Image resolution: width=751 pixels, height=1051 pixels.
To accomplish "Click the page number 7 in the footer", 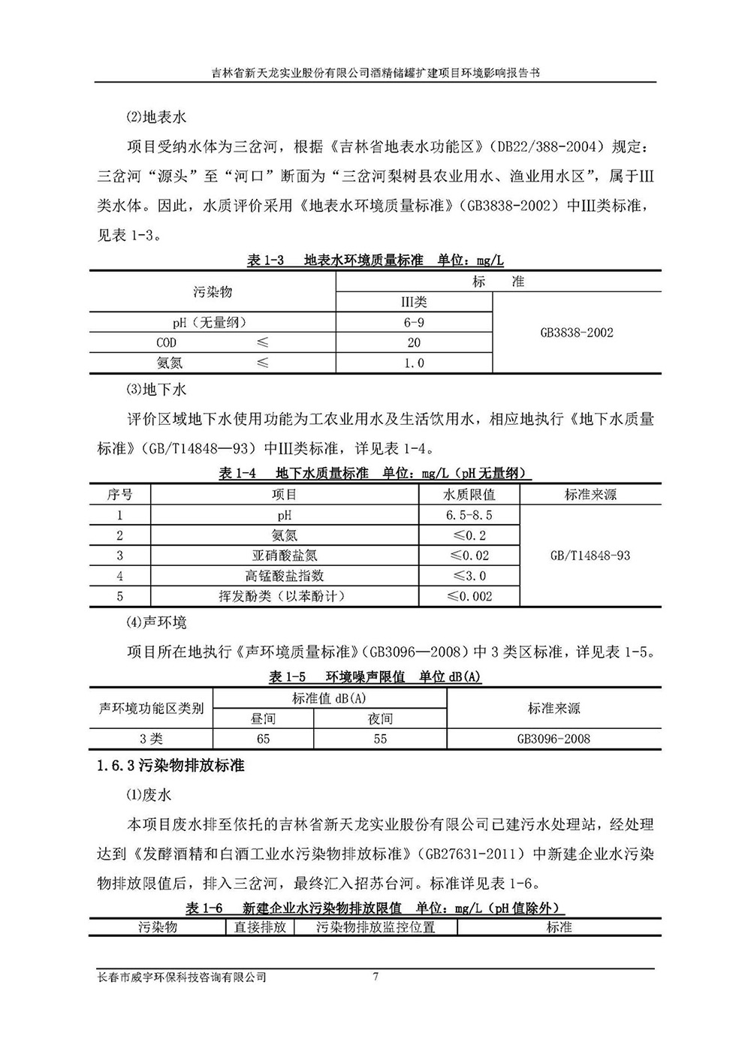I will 375,977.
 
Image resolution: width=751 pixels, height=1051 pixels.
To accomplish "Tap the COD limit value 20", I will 414,343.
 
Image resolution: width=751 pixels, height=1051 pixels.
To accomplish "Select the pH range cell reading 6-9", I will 414,323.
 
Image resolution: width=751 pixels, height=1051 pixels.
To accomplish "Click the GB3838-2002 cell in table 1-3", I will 577,333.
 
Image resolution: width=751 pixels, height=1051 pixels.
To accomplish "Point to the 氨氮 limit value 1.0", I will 414,363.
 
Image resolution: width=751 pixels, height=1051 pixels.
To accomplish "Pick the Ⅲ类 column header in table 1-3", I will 414,302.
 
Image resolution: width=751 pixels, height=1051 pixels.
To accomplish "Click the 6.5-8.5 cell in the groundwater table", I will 469,516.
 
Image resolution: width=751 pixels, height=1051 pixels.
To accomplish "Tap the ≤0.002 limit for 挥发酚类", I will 469,597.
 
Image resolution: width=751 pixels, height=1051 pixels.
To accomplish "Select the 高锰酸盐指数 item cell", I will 285,577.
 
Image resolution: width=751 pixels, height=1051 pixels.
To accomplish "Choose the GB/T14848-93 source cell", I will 590,556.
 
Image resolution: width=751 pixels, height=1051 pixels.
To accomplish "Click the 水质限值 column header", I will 469,495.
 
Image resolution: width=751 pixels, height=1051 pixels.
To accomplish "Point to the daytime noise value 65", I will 263,739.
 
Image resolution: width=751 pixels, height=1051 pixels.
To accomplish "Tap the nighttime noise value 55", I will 380,739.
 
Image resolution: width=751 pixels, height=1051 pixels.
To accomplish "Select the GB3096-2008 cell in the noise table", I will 553,739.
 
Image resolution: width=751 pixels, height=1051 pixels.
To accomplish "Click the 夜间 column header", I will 380,718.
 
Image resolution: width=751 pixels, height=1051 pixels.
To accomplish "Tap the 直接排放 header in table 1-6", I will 260,927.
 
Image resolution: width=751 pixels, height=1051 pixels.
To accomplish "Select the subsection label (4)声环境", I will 156,622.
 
